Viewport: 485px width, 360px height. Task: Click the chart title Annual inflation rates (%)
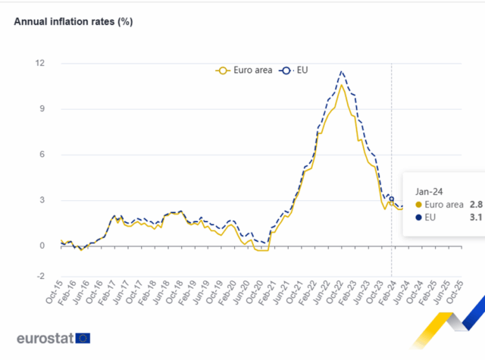74,21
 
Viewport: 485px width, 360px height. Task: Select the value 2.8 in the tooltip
475,204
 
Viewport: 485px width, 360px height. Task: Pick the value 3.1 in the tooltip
475,218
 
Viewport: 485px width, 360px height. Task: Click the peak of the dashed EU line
343,71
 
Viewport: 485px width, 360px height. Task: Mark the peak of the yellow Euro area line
342,85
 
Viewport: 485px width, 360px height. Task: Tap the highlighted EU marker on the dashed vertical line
391,199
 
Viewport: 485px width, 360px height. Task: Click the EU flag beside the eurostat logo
83,338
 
